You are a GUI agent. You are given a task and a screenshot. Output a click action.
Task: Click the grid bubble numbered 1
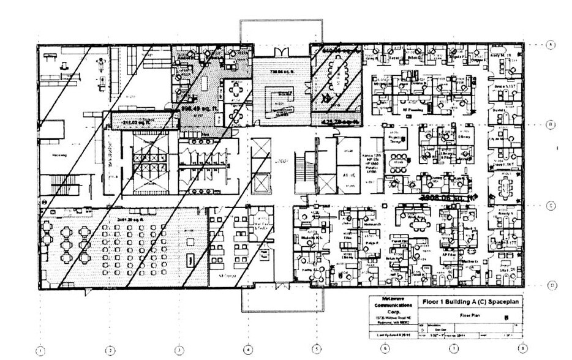pyautogui.click(x=40, y=351)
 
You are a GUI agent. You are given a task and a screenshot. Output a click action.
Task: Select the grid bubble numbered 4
pyautogui.click(x=248, y=350)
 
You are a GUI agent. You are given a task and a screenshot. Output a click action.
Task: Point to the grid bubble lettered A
pyautogui.click(x=551, y=45)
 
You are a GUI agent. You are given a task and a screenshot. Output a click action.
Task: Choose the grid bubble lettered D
pyautogui.click(x=551, y=285)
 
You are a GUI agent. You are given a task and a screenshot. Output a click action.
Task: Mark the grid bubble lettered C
pyautogui.click(x=551, y=206)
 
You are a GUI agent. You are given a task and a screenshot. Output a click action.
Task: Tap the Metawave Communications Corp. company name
pyautogui.click(x=393, y=306)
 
